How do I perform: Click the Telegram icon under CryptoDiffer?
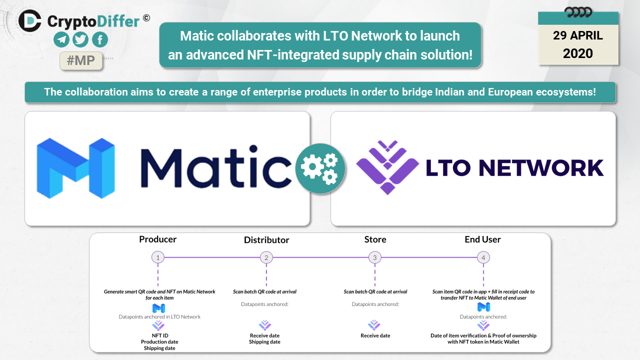pos(61,39)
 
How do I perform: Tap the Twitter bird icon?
pos(80,39)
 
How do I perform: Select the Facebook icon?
pos(99,39)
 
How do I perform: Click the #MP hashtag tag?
pos(80,60)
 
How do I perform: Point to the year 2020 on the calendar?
pos(578,53)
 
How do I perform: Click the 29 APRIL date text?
pos(578,36)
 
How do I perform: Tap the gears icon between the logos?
pos(320,168)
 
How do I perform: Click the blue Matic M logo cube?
pos(75,168)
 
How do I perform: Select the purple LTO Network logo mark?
pos(387,167)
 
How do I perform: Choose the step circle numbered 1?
pos(158,257)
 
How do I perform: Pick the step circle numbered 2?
pos(266,257)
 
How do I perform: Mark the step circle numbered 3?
pos(375,257)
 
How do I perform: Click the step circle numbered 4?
pos(483,257)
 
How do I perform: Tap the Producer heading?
pos(158,239)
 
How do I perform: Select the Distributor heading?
pos(266,240)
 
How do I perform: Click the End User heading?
pos(482,239)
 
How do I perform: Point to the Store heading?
pos(375,239)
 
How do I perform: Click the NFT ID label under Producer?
pos(158,335)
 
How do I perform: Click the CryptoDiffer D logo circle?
pos(30,20)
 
